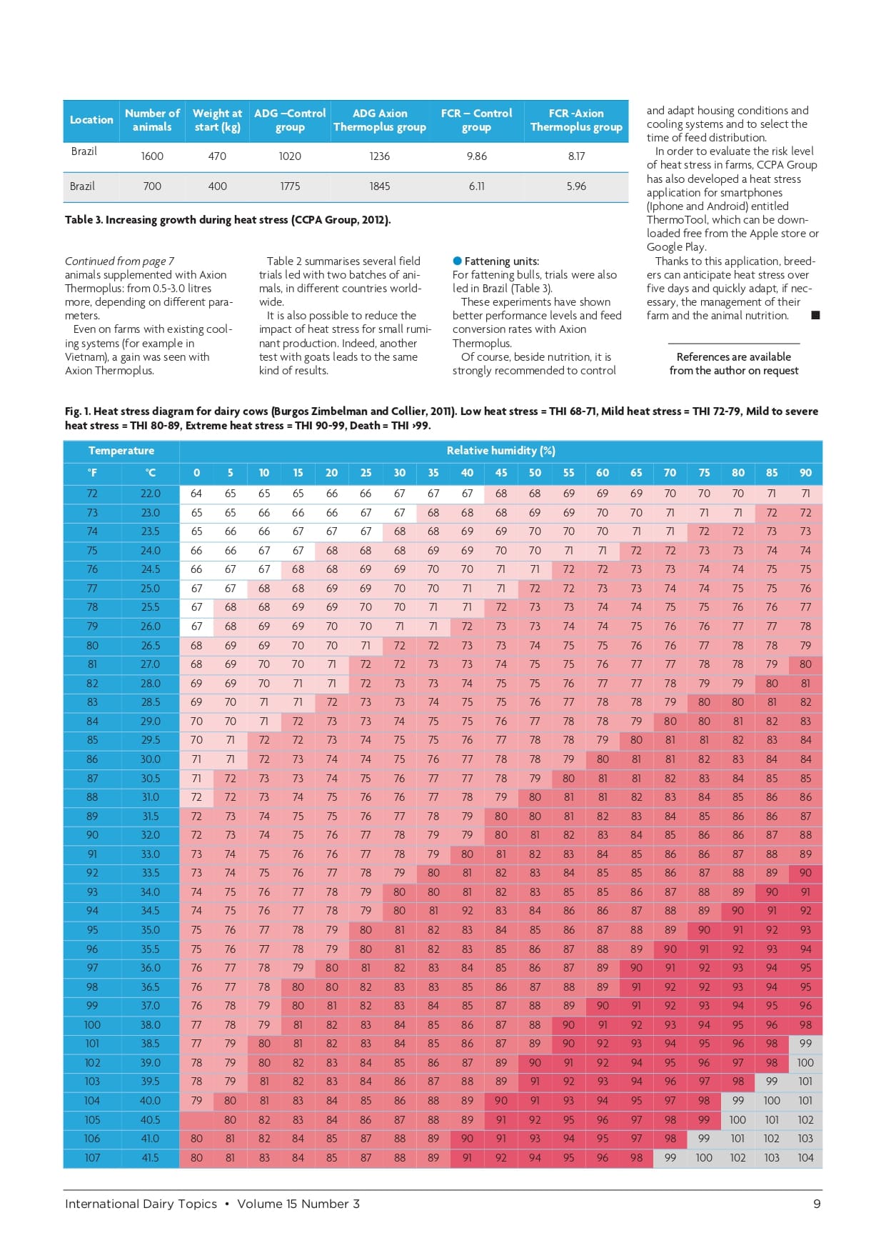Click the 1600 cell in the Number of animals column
point(152,156)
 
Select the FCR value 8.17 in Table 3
point(576,156)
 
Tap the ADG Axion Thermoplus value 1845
point(380,186)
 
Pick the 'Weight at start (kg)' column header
point(218,120)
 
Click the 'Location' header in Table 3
point(91,120)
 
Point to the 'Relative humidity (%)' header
point(500,451)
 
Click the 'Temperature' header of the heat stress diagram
point(121,451)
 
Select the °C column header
point(151,473)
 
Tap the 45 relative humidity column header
point(501,473)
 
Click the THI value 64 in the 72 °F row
point(196,494)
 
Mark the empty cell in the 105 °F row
point(196,1120)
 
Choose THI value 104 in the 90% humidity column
point(805,1158)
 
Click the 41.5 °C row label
point(150,1158)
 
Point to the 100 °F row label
point(92,1025)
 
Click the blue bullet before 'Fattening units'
point(457,261)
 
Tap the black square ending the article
point(815,315)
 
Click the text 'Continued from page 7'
point(119,261)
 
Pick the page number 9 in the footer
point(817,1204)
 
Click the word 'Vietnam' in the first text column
point(86,357)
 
